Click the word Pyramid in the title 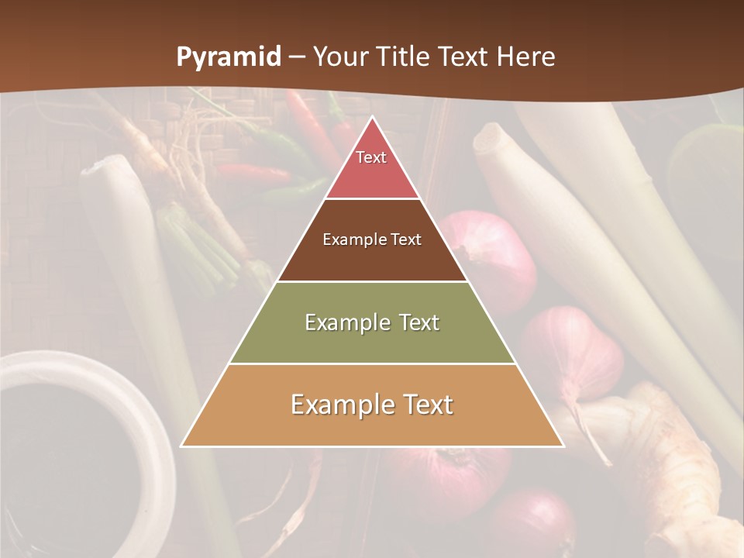pyautogui.click(x=229, y=57)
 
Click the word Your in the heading pyautogui.click(x=341, y=57)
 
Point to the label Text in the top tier pyautogui.click(x=371, y=157)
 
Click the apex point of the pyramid pyautogui.click(x=372, y=117)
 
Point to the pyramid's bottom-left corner pyautogui.click(x=182, y=446)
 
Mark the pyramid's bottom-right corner pyautogui.click(x=563, y=446)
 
